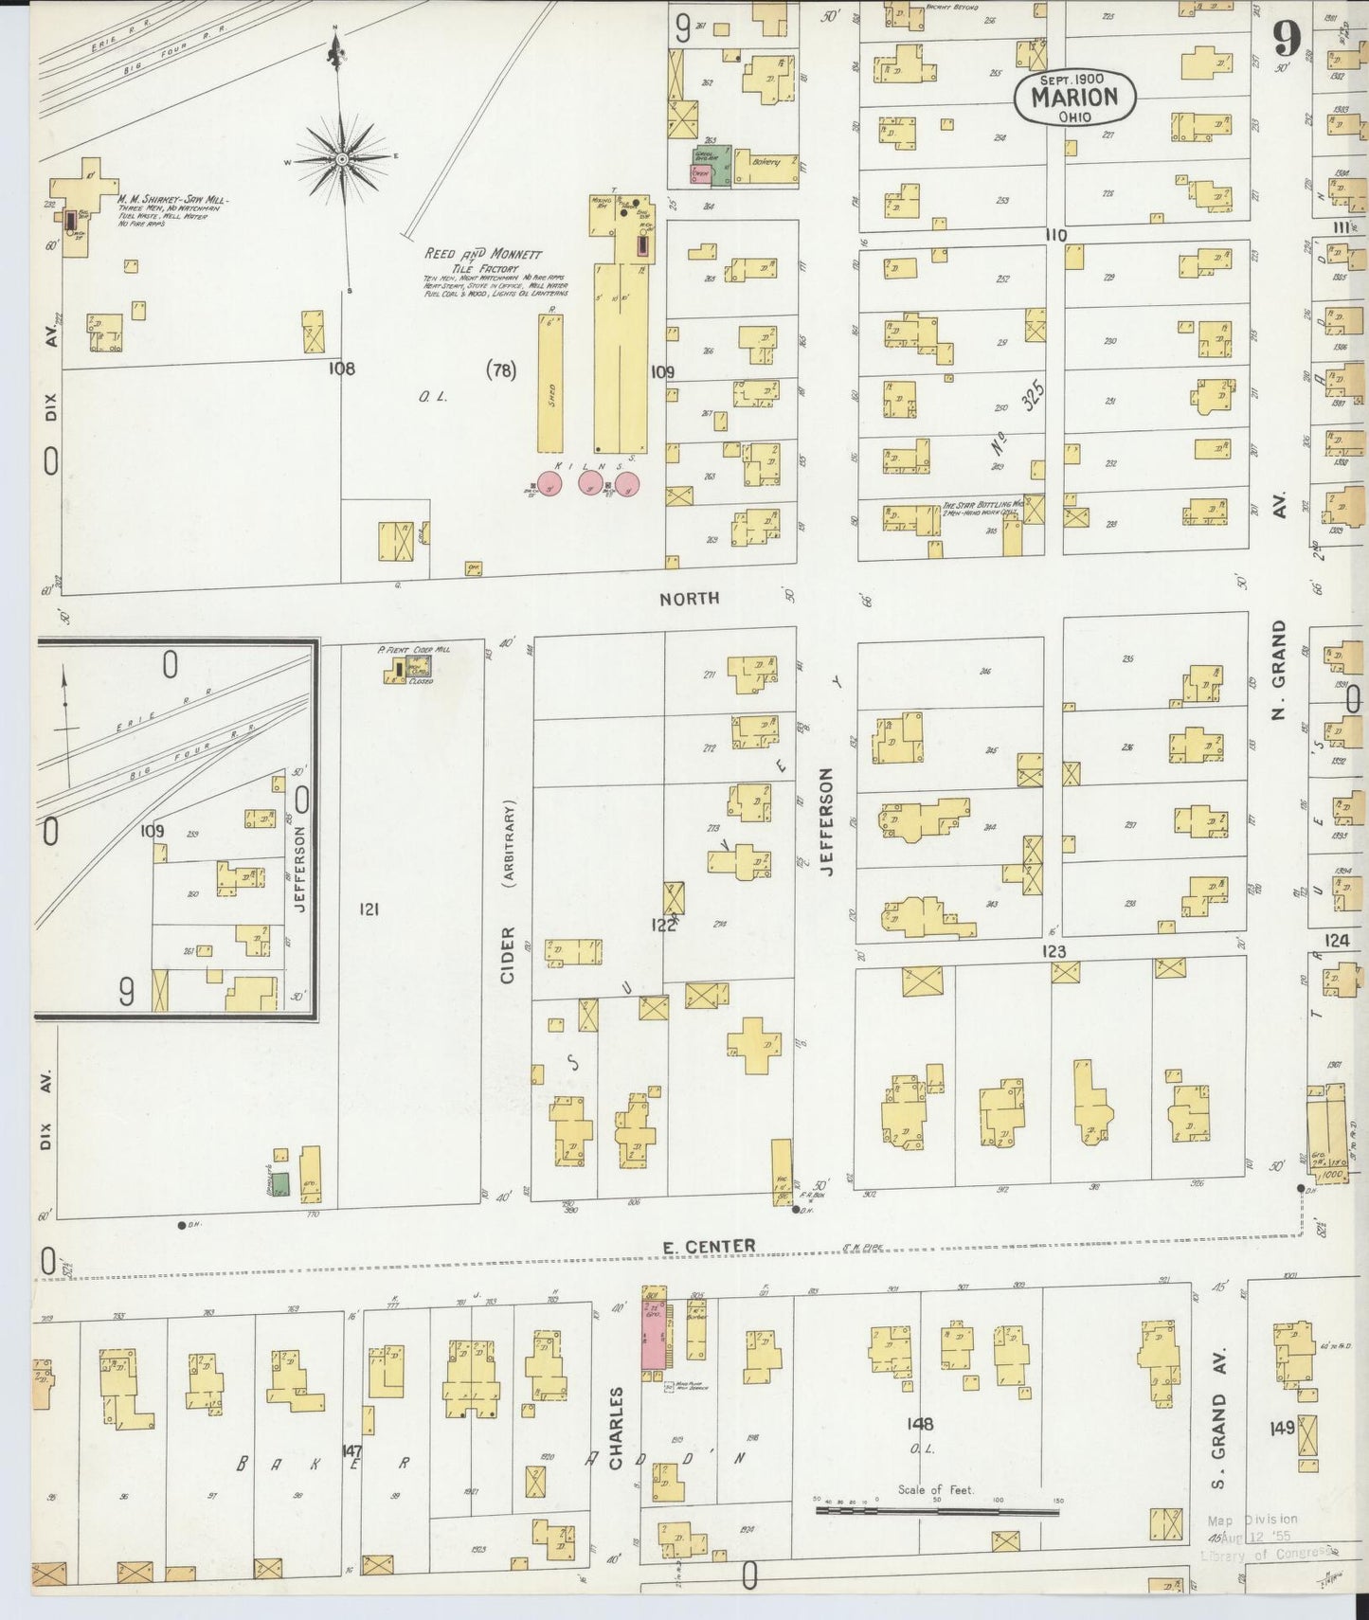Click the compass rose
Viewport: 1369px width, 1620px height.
pos(342,159)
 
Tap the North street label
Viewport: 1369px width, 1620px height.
pos(689,598)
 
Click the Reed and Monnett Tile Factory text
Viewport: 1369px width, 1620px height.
pos(483,261)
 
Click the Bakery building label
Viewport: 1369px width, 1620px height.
pos(766,162)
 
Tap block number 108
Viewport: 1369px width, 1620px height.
pos(341,369)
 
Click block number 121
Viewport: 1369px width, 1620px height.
pos(369,909)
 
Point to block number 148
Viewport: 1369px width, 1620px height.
pos(919,1424)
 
